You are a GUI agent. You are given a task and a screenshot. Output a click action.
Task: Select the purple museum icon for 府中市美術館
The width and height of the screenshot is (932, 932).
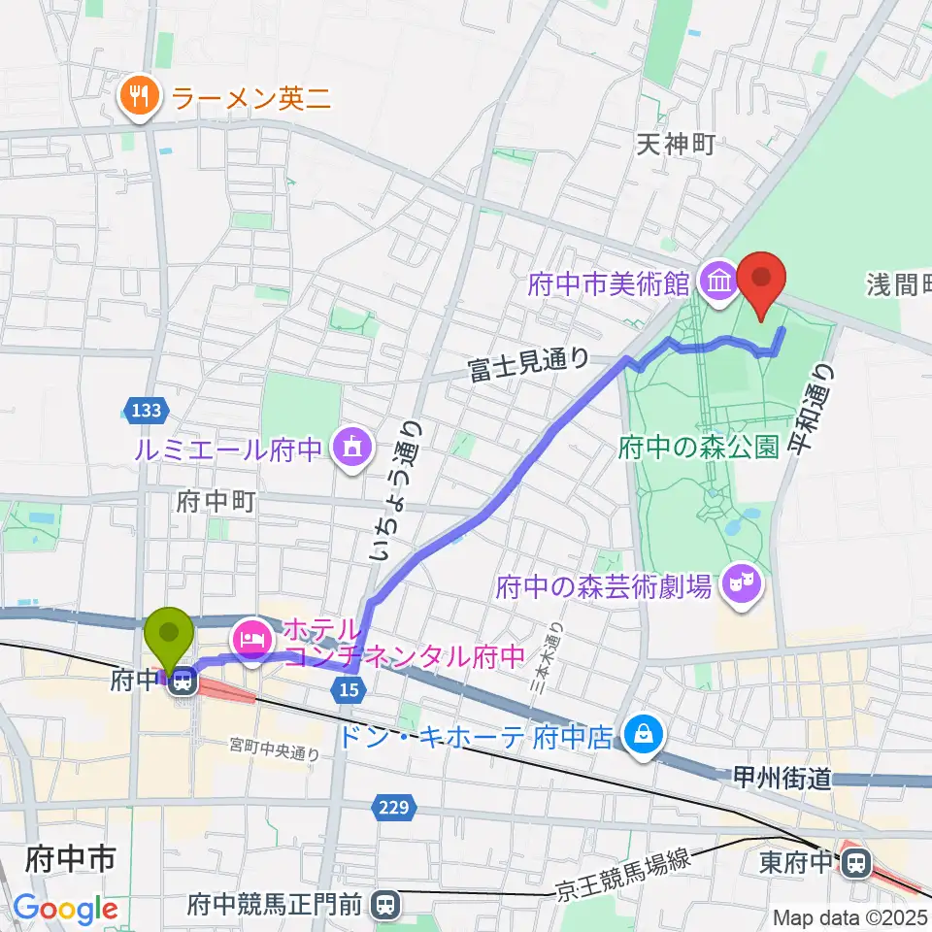tap(719, 283)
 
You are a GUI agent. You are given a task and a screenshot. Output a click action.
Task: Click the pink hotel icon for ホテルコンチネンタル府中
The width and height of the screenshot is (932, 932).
tap(250, 640)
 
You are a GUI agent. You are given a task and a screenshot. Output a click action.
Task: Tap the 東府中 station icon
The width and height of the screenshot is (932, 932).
tap(856, 861)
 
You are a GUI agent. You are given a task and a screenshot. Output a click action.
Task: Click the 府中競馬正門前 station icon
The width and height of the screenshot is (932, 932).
tap(385, 906)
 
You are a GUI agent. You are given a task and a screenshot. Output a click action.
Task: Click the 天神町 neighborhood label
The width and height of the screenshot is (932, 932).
tap(676, 145)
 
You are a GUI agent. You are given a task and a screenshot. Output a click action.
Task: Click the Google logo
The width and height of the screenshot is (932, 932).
tap(65, 910)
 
